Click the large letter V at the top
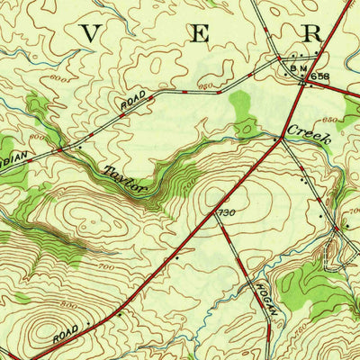90,33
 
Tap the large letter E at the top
202,33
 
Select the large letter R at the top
312,33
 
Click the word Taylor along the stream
125,177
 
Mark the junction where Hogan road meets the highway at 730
217,219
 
